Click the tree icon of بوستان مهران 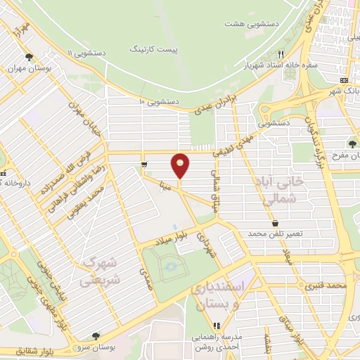click(x=29, y=58)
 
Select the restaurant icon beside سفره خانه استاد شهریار click(x=280, y=54)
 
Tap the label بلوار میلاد click(x=174, y=236)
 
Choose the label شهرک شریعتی click(x=101, y=271)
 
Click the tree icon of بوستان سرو click(x=95, y=335)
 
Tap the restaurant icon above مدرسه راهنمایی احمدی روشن click(x=217, y=326)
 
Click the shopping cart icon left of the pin click(x=143, y=165)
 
